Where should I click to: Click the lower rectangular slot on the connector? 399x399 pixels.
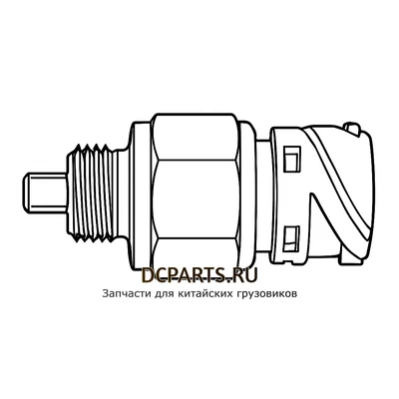point(293,235)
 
